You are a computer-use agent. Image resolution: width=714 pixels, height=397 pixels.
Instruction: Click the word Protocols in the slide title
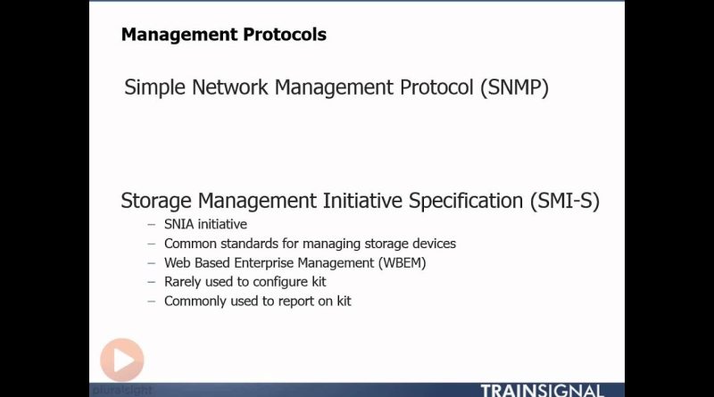click(x=285, y=35)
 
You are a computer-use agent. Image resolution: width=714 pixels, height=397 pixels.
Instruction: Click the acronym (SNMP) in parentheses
click(x=515, y=87)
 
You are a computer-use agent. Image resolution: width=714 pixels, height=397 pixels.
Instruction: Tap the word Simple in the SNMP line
click(x=154, y=87)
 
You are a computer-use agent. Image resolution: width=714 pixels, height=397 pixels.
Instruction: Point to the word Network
click(x=230, y=87)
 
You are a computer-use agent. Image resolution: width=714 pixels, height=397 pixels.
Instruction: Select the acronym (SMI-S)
click(x=565, y=202)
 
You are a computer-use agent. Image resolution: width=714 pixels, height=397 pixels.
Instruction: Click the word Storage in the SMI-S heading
click(x=155, y=202)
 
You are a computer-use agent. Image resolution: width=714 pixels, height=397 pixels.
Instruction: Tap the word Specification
click(x=466, y=202)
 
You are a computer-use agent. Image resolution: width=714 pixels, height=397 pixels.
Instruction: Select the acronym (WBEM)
click(x=402, y=263)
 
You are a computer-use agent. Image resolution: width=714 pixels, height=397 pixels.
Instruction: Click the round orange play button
click(x=122, y=360)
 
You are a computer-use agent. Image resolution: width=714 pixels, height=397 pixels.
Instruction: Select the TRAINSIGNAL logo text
click(x=542, y=391)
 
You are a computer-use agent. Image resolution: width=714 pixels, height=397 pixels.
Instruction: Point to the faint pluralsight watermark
click(x=122, y=390)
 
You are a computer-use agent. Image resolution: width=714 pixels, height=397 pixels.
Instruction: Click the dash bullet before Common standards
click(x=152, y=244)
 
